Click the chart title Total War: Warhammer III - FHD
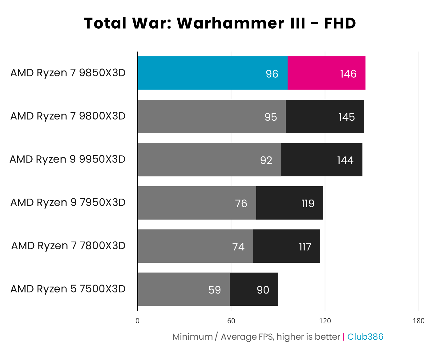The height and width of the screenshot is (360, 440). (x=220, y=23)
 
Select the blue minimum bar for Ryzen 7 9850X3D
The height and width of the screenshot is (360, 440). (x=212, y=73)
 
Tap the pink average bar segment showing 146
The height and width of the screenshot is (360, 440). (x=326, y=73)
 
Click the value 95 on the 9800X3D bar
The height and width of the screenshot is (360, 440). (x=271, y=117)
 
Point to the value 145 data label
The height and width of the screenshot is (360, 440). (x=347, y=117)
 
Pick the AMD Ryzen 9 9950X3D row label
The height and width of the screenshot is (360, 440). (x=68, y=159)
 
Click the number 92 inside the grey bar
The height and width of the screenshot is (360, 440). (x=266, y=160)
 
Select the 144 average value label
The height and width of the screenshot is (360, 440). (x=345, y=160)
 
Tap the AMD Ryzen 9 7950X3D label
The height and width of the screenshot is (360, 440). (x=68, y=202)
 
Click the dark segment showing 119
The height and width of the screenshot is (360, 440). (x=289, y=203)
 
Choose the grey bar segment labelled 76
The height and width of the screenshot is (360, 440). (x=197, y=203)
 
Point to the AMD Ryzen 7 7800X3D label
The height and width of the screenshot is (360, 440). (x=68, y=246)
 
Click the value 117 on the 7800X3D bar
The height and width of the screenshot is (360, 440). (x=305, y=247)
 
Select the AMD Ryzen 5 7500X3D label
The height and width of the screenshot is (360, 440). (x=68, y=289)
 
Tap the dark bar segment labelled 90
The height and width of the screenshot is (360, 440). (x=254, y=289)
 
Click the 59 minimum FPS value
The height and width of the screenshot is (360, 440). (x=215, y=290)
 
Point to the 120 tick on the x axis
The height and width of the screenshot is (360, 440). (x=325, y=321)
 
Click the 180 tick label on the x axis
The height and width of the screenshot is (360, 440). (x=418, y=321)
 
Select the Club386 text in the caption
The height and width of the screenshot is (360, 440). (x=365, y=337)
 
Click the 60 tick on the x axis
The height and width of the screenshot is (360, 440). (x=231, y=321)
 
